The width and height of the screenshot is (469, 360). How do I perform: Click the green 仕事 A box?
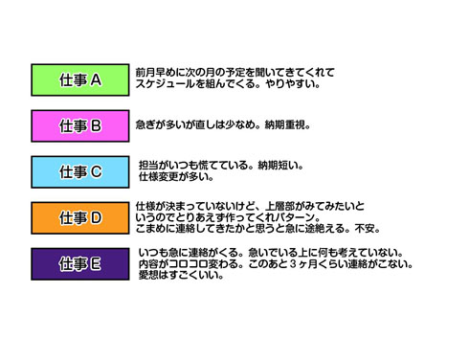tap(80, 80)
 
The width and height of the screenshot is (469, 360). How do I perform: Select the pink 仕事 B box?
tap(80, 125)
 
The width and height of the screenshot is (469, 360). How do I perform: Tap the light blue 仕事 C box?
tap(80, 171)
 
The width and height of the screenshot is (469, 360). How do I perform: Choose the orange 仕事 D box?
tap(80, 217)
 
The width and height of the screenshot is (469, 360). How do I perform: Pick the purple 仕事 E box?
tap(80, 262)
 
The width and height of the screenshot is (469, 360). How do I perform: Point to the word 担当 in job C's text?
tap(148, 165)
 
